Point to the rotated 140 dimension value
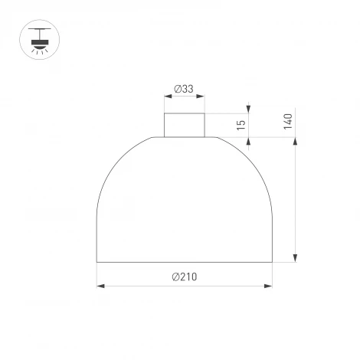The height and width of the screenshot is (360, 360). point(288,122)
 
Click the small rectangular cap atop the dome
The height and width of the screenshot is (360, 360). point(184,125)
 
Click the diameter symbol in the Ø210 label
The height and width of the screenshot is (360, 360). point(175,277)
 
